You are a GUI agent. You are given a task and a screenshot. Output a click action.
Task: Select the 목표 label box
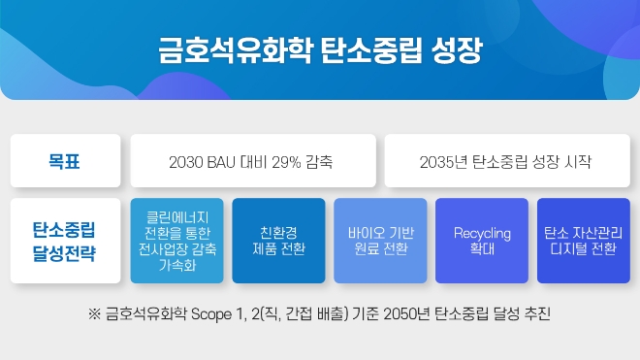[x=64, y=160]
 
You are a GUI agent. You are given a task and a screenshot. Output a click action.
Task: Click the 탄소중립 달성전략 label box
[x=64, y=241]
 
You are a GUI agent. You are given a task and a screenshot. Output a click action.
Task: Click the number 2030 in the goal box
[x=185, y=160]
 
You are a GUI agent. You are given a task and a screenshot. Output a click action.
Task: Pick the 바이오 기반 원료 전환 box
[x=380, y=241]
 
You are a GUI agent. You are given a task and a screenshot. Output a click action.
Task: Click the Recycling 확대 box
[x=482, y=241]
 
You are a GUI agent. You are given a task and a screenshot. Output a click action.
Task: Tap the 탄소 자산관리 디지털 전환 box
[x=583, y=241]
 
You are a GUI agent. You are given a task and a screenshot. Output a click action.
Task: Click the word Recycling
[x=482, y=233]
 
